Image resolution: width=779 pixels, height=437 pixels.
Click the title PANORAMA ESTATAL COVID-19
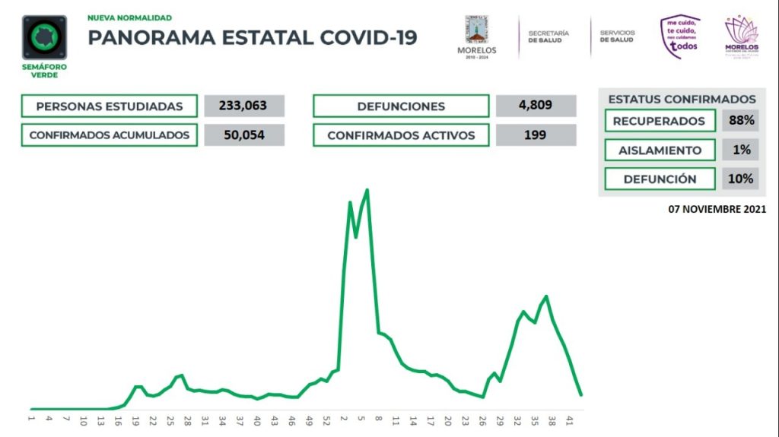253,37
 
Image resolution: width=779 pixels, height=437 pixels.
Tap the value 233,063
244,106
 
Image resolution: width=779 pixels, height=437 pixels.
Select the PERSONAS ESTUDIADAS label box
110,106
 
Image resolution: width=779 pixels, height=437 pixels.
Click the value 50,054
244,135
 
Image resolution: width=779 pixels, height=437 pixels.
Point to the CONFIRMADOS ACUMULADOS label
110,135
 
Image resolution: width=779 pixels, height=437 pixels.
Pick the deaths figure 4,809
535,106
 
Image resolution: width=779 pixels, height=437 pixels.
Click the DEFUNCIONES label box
401,106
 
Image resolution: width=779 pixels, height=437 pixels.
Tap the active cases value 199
535,135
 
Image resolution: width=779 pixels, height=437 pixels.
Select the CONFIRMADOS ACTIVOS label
401,135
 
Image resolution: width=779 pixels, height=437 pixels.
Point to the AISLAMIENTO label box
660,150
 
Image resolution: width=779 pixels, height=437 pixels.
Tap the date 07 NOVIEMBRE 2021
717,208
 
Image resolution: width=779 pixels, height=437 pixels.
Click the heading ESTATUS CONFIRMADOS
682,100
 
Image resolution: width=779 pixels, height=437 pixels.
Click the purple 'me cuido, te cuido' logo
680,36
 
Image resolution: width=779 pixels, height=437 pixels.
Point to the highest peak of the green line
368,190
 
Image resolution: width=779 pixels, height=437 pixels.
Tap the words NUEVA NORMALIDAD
129,17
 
